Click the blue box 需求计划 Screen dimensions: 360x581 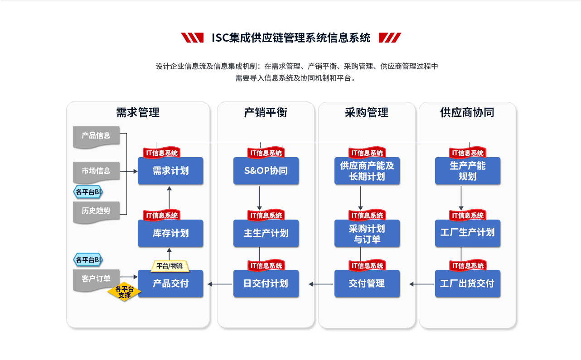click(x=170, y=171)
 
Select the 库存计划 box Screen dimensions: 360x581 click(x=170, y=233)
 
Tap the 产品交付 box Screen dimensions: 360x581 click(x=170, y=283)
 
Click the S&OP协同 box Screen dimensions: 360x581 click(x=266, y=171)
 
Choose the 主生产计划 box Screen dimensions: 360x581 click(x=266, y=233)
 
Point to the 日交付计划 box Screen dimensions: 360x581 click(x=266, y=283)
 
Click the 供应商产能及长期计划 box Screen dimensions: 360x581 click(x=367, y=171)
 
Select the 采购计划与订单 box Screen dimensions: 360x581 click(x=367, y=233)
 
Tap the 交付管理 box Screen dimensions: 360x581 click(x=367, y=283)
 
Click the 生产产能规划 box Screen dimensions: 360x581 click(x=468, y=171)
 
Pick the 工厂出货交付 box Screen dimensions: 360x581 click(x=468, y=283)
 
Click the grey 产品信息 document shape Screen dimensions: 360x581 click(x=96, y=136)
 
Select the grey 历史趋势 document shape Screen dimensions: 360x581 click(x=96, y=211)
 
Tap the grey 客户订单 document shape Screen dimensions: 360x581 click(x=96, y=279)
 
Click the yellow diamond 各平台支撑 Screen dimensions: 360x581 click(x=124, y=292)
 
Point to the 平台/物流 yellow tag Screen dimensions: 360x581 click(x=169, y=266)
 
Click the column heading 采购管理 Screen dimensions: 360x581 click(x=366, y=112)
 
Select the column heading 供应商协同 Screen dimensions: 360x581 click(x=467, y=112)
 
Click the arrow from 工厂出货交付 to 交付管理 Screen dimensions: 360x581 click(x=421, y=284)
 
